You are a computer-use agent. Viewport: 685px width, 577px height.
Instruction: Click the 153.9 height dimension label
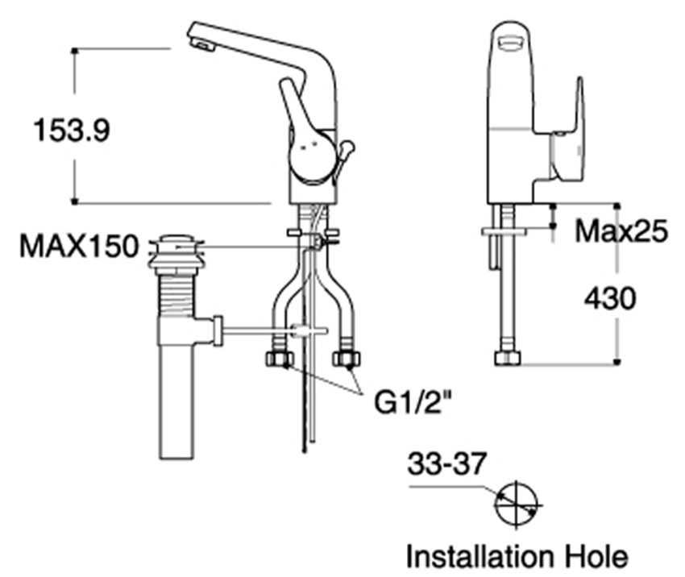[x=71, y=129]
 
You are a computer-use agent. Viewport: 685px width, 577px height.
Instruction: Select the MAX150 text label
[x=79, y=246]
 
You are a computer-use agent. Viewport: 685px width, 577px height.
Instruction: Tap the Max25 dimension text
[x=621, y=232]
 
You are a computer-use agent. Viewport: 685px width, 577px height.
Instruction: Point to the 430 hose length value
[x=609, y=299]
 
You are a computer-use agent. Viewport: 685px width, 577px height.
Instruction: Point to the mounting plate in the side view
[x=504, y=231]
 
